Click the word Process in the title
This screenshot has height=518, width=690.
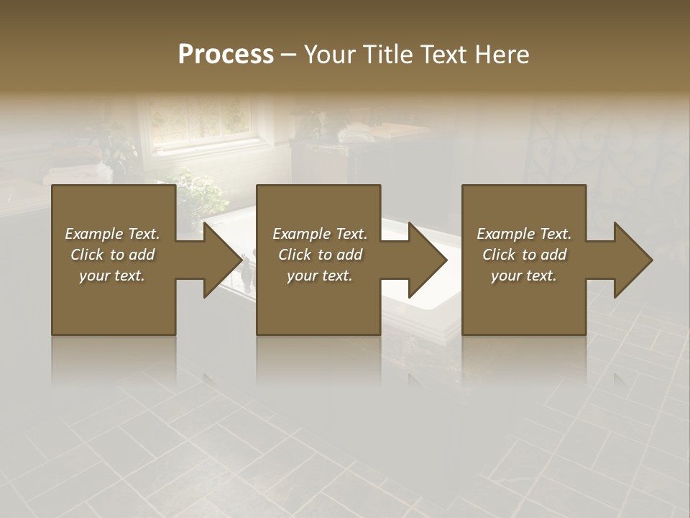point(226,55)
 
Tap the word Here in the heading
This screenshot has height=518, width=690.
point(503,55)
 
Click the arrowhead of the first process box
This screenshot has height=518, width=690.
point(224,260)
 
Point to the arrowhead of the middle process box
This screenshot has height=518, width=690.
point(428,260)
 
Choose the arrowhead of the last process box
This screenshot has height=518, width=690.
point(633,260)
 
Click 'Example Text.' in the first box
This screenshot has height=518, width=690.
point(112,234)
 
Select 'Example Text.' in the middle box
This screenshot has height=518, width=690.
point(320,234)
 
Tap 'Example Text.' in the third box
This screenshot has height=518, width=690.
point(524,234)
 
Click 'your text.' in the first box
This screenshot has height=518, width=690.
point(112,276)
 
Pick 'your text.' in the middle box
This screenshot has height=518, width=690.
point(320,276)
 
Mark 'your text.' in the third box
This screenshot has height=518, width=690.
point(524,276)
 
